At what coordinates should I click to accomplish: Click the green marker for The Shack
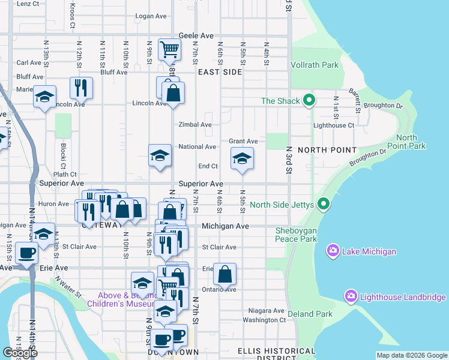tap(309, 100)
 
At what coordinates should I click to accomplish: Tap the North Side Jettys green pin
tap(324, 205)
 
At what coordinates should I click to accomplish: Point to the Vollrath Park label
tap(315, 65)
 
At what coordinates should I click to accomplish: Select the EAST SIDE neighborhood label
tap(220, 72)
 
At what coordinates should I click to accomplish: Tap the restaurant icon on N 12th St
tap(81, 87)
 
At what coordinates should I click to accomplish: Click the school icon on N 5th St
tap(242, 158)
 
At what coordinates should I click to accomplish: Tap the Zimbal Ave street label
tap(195, 125)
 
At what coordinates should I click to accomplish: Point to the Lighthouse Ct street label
tap(334, 125)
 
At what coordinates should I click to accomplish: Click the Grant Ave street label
tap(243, 142)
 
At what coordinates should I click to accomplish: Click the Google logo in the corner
tap(20, 353)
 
